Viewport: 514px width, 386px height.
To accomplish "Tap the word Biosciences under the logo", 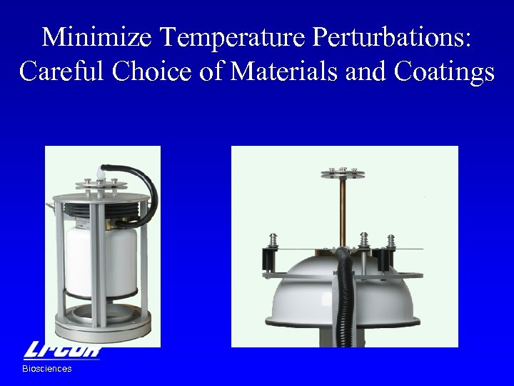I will (x=47, y=369).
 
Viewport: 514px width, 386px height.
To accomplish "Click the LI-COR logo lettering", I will (x=63, y=350).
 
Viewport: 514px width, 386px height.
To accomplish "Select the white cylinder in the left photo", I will (x=101, y=261).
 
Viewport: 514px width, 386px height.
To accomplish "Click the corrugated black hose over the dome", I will (x=345, y=293).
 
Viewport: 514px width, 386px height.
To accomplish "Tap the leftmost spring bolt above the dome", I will (x=273, y=243).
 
